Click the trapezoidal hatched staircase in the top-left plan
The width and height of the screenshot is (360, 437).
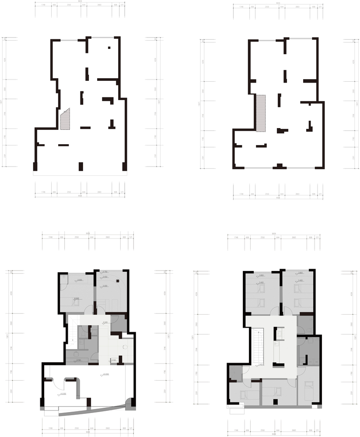(65, 120)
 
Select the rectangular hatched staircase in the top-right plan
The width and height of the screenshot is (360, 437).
(261, 113)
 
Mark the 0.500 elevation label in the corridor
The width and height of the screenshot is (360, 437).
(105, 322)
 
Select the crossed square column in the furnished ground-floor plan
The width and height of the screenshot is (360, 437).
(117, 281)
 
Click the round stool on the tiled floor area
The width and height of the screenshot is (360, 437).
(126, 347)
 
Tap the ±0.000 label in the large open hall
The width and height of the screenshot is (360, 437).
(105, 374)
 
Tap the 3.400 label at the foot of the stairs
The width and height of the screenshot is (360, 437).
(261, 364)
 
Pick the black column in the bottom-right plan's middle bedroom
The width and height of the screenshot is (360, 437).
(275, 401)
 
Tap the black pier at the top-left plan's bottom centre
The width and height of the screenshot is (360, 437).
(81, 166)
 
